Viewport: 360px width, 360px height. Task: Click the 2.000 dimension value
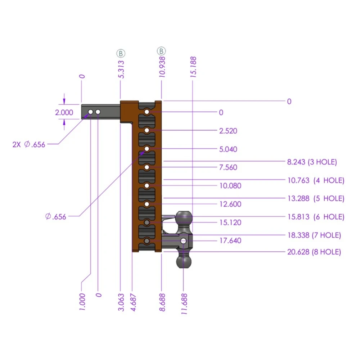(x=64, y=112)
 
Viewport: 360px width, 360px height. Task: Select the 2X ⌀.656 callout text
(x=29, y=144)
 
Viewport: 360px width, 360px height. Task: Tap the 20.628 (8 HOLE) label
(x=314, y=252)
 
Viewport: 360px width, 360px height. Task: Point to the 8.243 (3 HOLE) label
(x=312, y=162)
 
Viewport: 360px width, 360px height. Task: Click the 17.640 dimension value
(x=230, y=240)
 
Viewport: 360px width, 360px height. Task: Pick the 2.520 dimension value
(x=228, y=131)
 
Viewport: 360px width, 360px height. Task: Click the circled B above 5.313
(x=121, y=53)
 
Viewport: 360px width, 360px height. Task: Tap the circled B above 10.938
(x=161, y=51)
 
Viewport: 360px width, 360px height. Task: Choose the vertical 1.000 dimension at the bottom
(x=82, y=301)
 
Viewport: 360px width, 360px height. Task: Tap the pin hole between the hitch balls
(x=184, y=240)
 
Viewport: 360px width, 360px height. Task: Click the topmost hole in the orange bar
(x=147, y=112)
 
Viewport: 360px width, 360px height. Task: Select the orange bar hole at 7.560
(x=147, y=167)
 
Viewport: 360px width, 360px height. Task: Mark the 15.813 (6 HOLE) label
(x=315, y=217)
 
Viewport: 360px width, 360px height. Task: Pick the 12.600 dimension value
(x=230, y=204)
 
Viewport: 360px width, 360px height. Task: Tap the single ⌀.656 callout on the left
(x=56, y=217)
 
